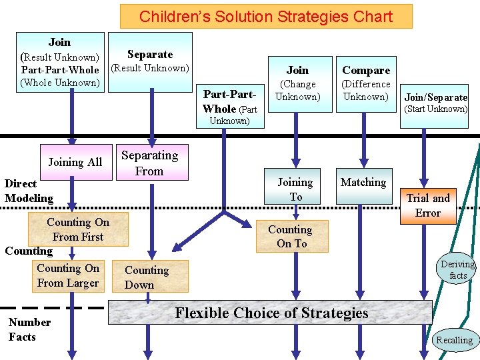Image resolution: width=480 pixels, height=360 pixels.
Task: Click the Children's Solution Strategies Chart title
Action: click(x=266, y=17)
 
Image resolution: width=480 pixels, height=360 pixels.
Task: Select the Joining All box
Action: click(x=75, y=161)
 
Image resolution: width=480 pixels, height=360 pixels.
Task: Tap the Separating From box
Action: click(x=149, y=163)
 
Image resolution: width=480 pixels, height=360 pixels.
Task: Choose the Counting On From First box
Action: click(x=78, y=230)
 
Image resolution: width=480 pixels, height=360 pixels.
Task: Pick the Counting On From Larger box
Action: click(x=68, y=276)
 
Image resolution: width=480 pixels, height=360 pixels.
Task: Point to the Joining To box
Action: click(x=295, y=189)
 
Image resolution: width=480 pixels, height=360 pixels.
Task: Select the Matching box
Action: click(x=363, y=183)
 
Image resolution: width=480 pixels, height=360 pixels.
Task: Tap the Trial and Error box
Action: click(x=428, y=205)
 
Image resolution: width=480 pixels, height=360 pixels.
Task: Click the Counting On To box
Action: click(x=290, y=237)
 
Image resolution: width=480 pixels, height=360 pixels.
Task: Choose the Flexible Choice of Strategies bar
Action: click(x=271, y=313)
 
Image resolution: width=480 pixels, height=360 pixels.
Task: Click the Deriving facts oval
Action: click(x=459, y=269)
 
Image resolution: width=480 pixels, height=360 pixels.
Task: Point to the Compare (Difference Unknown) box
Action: click(x=366, y=83)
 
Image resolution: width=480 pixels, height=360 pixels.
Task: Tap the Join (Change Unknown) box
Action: click(x=297, y=83)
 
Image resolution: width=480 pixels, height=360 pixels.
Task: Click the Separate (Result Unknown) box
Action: click(x=150, y=60)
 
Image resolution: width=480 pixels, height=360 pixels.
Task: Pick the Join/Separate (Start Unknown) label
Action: click(x=436, y=103)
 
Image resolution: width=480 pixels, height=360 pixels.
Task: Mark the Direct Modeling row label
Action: click(x=29, y=191)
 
